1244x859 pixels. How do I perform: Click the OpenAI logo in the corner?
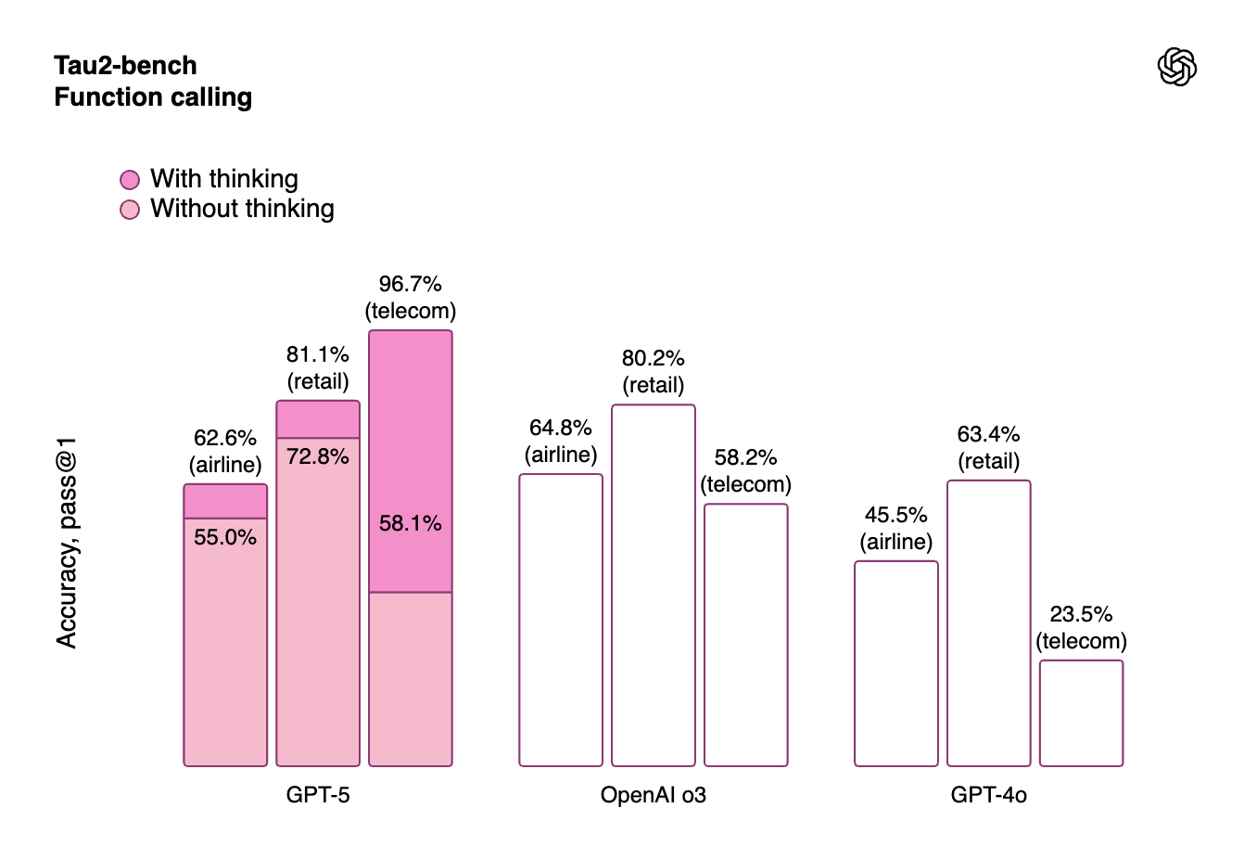1177,67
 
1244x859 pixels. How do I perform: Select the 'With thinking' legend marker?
130,179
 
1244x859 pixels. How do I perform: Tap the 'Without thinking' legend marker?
130,210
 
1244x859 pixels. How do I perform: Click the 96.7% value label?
410,284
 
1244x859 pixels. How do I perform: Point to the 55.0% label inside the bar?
225,537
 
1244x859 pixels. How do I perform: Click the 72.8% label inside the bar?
318,456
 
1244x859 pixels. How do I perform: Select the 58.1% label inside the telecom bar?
411,523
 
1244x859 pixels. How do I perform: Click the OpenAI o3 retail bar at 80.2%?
654,584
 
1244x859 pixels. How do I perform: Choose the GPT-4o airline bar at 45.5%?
895,663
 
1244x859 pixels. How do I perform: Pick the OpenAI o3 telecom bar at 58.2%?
746,635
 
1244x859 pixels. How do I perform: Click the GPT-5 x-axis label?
318,795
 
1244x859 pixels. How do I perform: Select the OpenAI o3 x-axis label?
654,795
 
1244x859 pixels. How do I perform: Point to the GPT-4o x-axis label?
988,795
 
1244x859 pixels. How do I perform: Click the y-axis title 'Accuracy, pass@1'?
67,543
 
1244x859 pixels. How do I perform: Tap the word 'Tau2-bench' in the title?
125,66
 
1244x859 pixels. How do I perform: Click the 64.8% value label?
561,428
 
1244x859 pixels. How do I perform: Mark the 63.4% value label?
988,434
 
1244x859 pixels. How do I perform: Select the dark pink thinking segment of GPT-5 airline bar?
225,501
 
